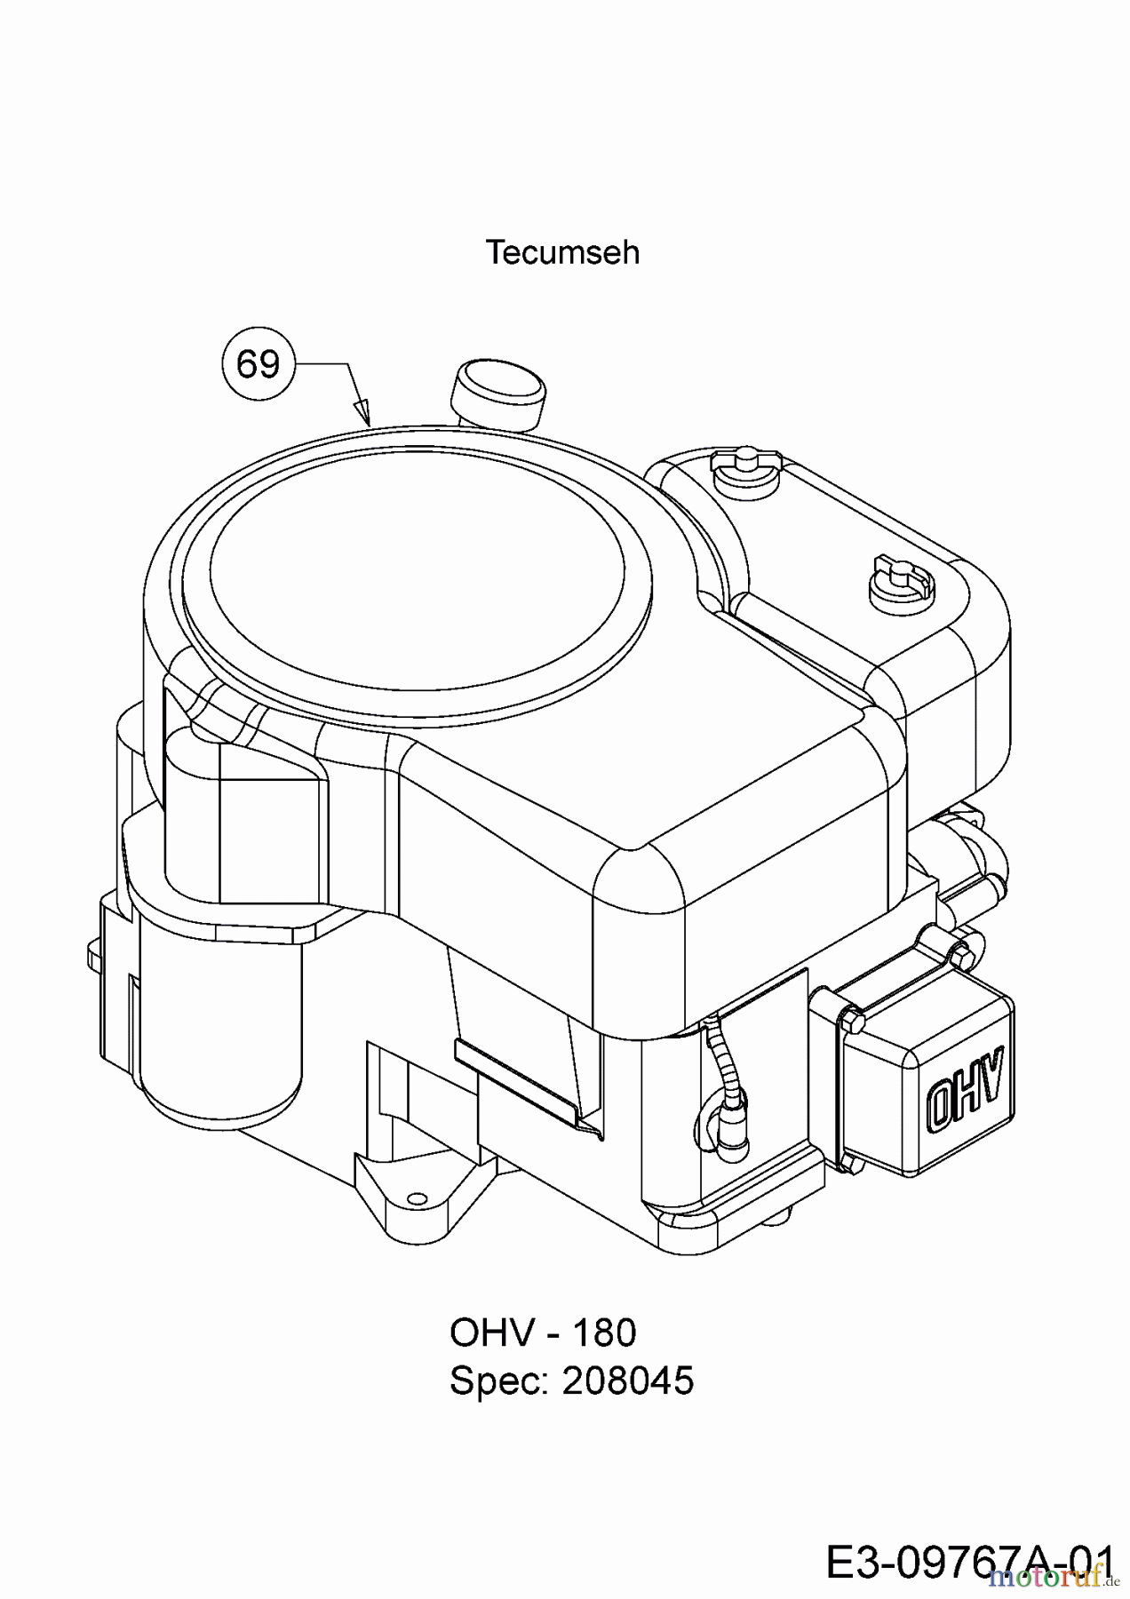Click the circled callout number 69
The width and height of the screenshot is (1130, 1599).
point(259,364)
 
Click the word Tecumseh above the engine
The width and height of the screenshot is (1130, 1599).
point(562,252)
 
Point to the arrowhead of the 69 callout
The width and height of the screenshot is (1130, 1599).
point(363,413)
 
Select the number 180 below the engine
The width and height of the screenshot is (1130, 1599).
point(604,1332)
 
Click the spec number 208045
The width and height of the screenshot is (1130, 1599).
point(628,1380)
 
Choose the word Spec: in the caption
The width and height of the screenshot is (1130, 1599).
point(500,1380)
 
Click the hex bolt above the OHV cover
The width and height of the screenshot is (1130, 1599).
point(961,956)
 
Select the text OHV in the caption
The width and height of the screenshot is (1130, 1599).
point(491,1332)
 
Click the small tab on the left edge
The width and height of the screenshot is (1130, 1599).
point(94,956)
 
